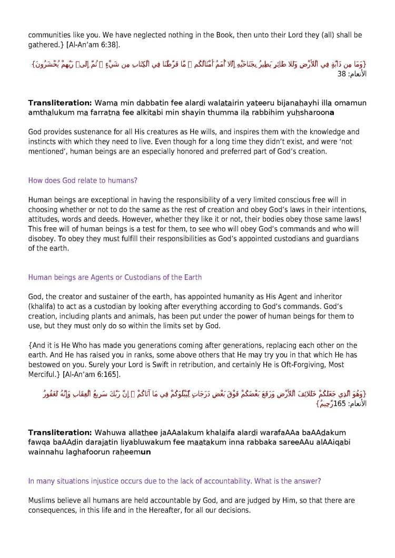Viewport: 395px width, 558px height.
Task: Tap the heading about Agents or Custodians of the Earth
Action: pos(115,277)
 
